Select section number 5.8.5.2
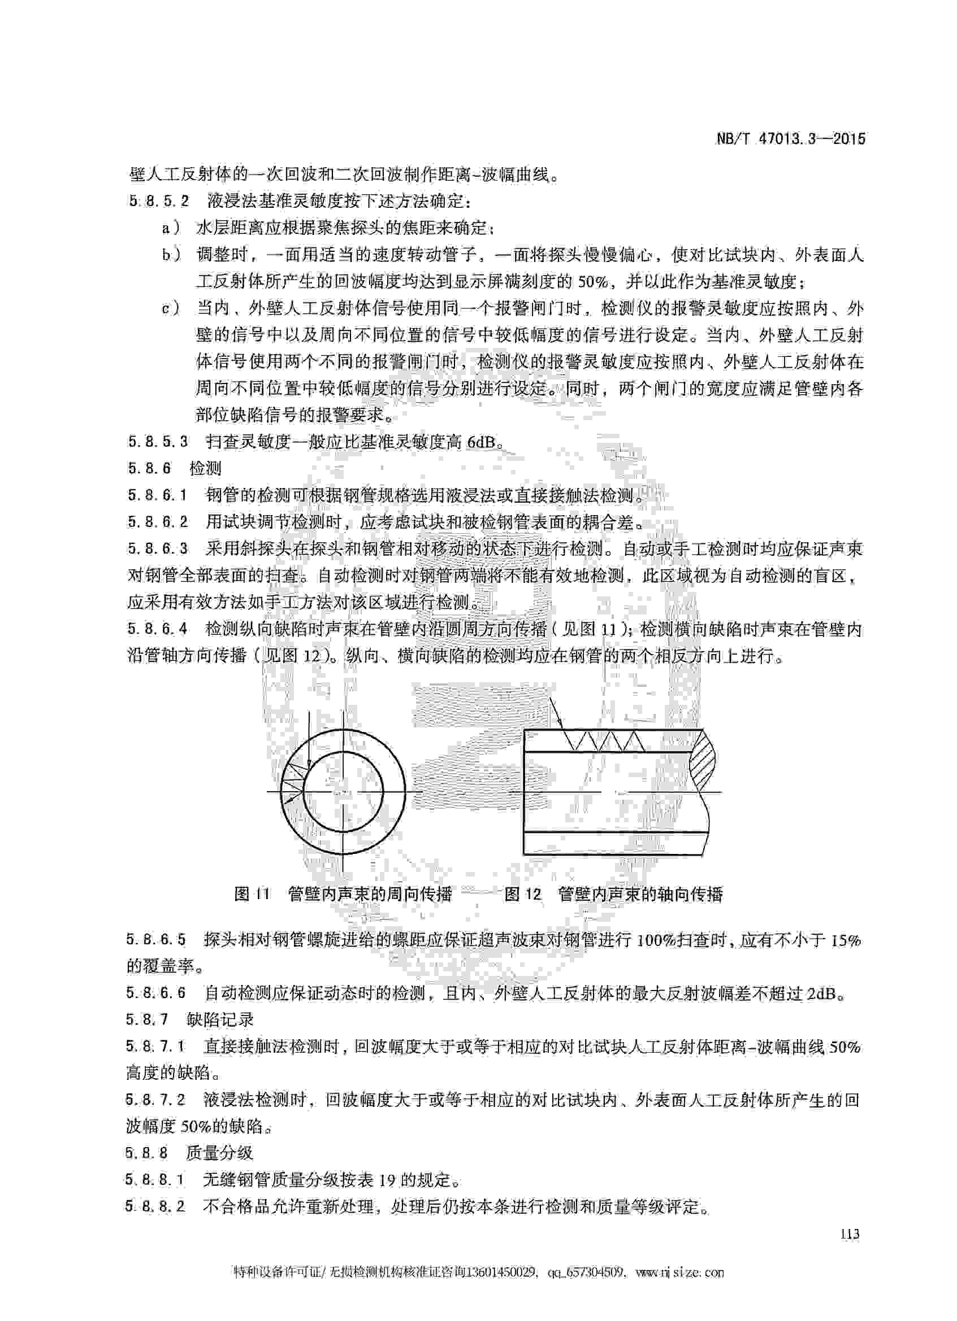(158, 202)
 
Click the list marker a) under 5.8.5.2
(171, 228)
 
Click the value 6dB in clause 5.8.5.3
(482, 442)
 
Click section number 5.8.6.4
(158, 630)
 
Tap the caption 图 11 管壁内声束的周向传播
(343, 894)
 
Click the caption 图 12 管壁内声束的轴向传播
(614, 894)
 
